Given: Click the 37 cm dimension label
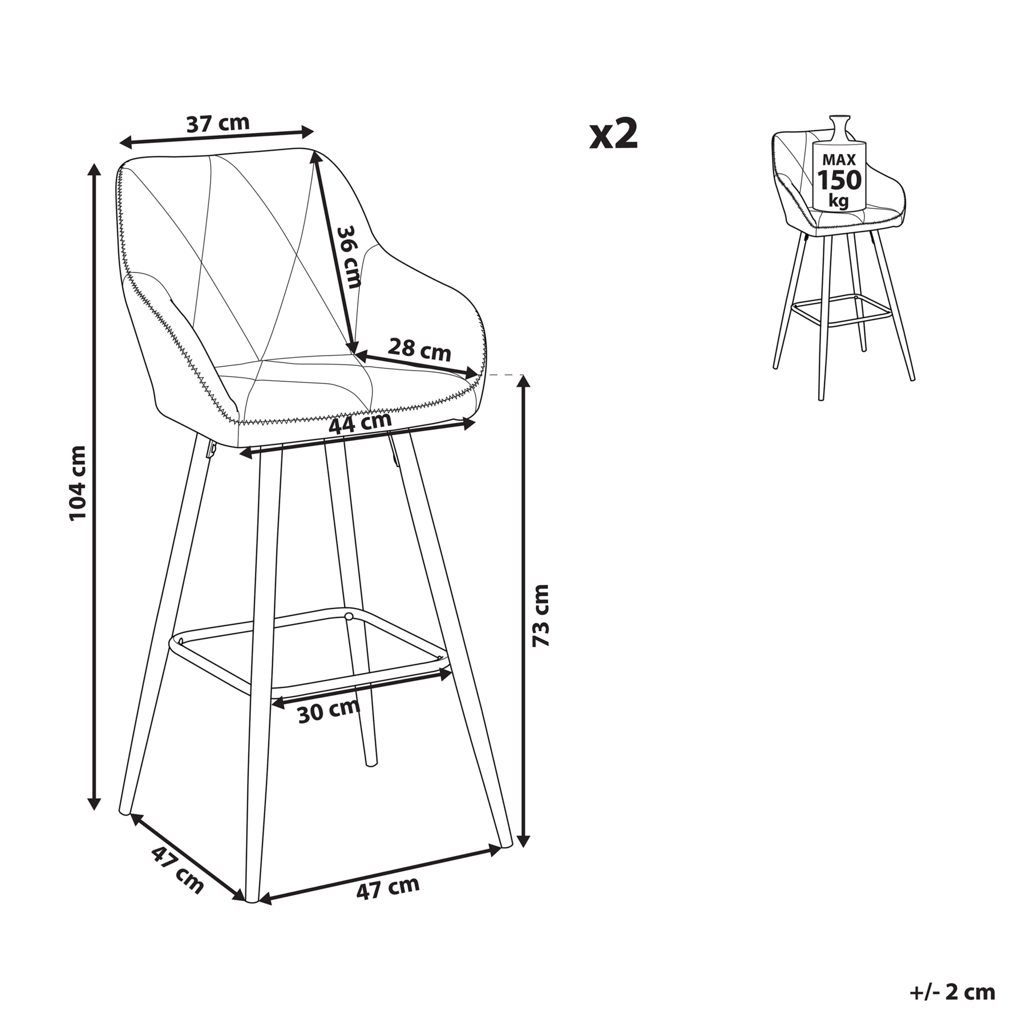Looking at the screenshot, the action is click(x=218, y=123).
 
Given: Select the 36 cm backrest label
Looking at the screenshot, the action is click(x=348, y=257).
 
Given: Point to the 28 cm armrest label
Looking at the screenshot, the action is click(x=419, y=349).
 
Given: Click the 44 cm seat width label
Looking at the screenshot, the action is click(x=360, y=423).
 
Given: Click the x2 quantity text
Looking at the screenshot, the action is click(x=614, y=134).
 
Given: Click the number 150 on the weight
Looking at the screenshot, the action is click(x=839, y=180).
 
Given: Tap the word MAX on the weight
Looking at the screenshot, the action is click(x=839, y=160).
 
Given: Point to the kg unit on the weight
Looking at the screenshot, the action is click(x=839, y=201).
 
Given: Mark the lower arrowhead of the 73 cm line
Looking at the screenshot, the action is click(x=523, y=840).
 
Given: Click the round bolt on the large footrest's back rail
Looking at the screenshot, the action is click(x=348, y=616).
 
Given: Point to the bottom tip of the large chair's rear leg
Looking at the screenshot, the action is click(x=370, y=763).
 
